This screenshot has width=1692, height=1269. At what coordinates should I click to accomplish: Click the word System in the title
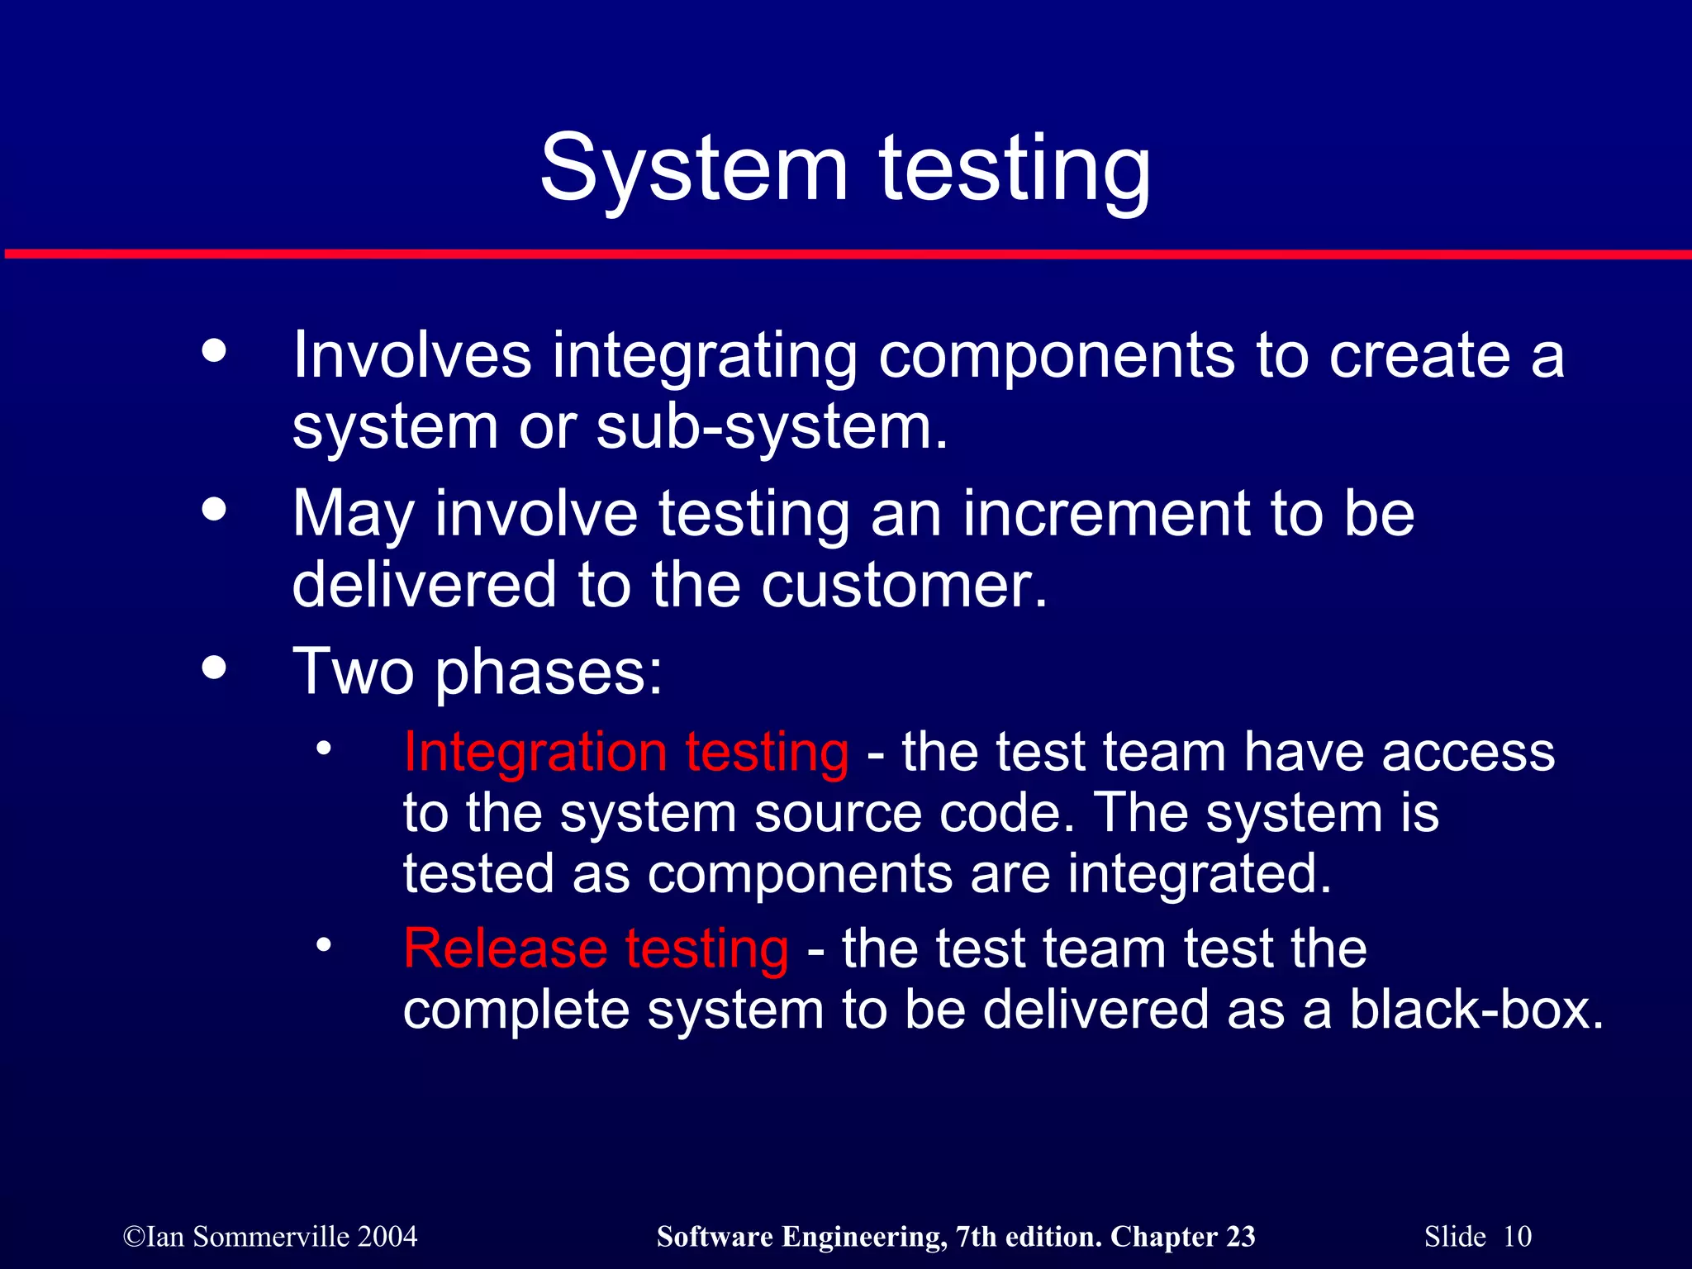pyautogui.click(x=694, y=169)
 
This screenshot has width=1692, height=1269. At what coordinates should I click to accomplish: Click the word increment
pyautogui.click(x=1107, y=514)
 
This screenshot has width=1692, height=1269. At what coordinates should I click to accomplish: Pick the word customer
pyautogui.click(x=904, y=585)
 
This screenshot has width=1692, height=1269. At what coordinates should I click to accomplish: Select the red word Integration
pyautogui.click(x=535, y=752)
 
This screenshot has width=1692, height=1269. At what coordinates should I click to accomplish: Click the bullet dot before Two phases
pyautogui.click(x=214, y=668)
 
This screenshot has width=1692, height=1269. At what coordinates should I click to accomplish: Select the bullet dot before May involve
pyautogui.click(x=214, y=509)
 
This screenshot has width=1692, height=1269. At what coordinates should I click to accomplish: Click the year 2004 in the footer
pyautogui.click(x=387, y=1237)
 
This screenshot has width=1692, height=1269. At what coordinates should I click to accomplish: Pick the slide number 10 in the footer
pyautogui.click(x=1517, y=1237)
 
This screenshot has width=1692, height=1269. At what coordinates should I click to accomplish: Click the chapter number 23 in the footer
pyautogui.click(x=1240, y=1237)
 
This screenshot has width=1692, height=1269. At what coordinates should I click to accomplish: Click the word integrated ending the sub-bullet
pyautogui.click(x=1199, y=874)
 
